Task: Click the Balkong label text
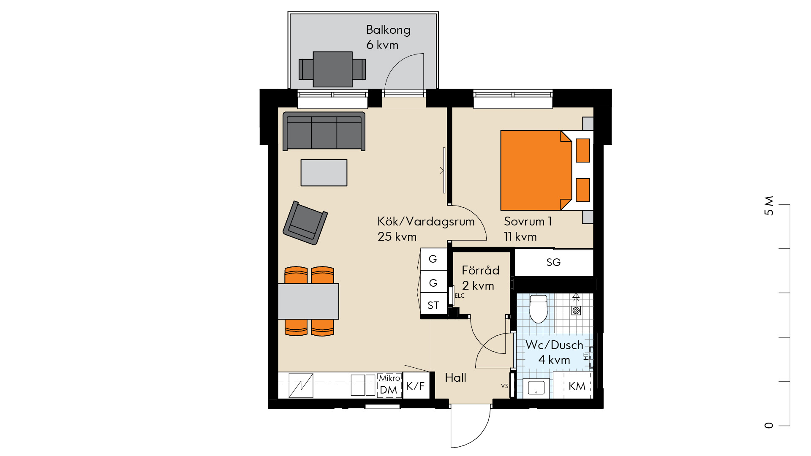388,30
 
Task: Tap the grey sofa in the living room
324,131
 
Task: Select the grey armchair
305,223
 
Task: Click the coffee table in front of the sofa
324,173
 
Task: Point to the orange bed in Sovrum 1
536,170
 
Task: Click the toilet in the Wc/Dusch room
539,309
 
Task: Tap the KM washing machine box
577,386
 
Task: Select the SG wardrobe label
553,262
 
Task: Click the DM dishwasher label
389,390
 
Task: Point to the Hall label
455,377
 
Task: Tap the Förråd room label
481,270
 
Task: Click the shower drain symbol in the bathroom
576,311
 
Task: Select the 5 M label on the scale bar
769,206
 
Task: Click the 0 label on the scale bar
769,425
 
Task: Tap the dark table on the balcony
333,69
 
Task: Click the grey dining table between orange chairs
308,301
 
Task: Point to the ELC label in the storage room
460,296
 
